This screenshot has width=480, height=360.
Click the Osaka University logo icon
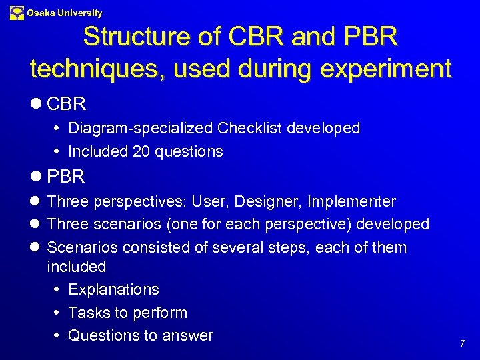coord(17,12)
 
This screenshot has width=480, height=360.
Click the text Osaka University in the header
coord(65,13)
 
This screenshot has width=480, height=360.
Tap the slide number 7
coord(462,343)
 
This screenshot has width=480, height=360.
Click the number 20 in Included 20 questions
coord(141,151)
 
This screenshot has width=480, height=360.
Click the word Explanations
coord(113,289)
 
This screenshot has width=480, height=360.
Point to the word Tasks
coord(87,313)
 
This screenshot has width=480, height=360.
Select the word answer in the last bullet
coord(189,335)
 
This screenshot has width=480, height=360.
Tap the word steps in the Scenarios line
coord(288,247)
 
